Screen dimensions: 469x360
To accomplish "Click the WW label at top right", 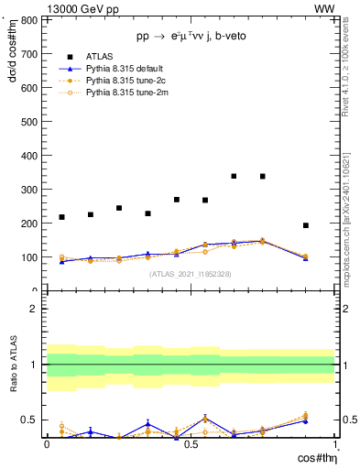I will pyautogui.click(x=324, y=8).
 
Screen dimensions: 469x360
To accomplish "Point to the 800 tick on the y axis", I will pyautogui.click(x=29, y=19).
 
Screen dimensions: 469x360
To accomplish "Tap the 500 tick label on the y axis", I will pyautogui.click(x=29, y=121).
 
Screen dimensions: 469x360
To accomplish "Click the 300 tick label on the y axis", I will pyautogui.click(x=29, y=189).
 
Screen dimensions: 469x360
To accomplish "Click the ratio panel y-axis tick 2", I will pyautogui.click(x=33, y=309).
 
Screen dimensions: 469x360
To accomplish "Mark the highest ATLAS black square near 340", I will pyautogui.click(x=235, y=176).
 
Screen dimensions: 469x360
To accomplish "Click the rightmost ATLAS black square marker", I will pyautogui.click(x=306, y=225).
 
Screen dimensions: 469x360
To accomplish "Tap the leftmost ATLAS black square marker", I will pyautogui.click(x=61, y=217).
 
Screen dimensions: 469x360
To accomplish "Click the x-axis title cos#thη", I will pyautogui.click(x=314, y=457).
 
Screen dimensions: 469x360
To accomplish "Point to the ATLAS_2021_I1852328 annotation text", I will pyautogui.click(x=190, y=273).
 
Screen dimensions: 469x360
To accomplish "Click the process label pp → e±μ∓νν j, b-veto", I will pyautogui.click(x=190, y=36).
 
